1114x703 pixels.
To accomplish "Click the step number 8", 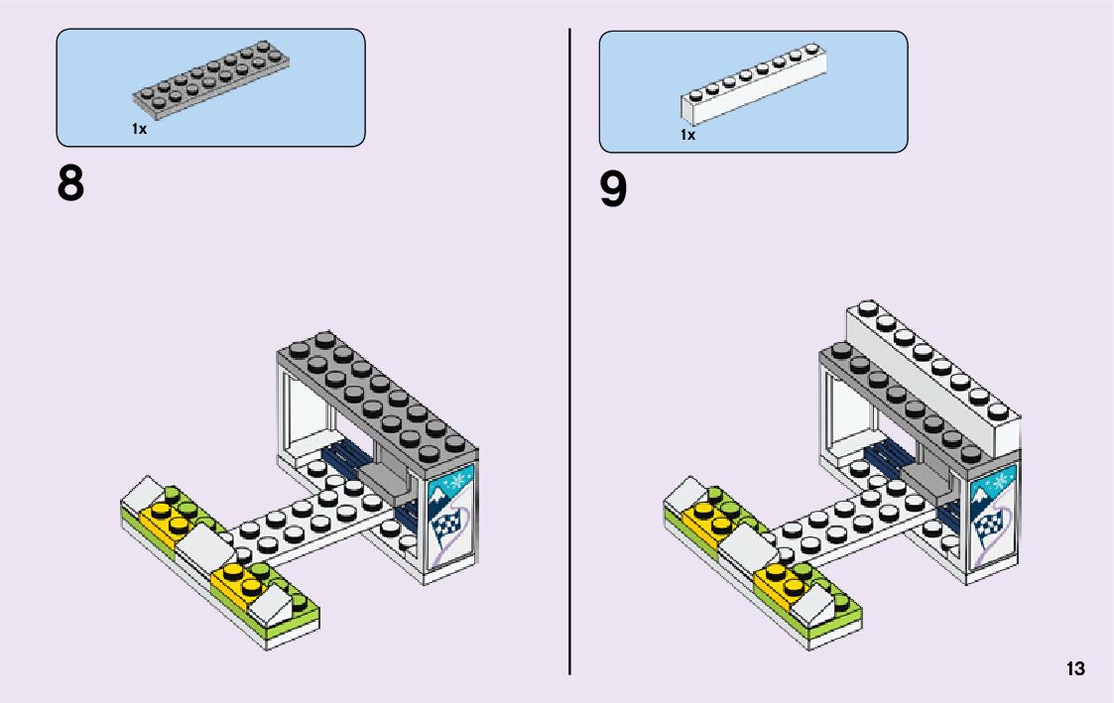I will tap(70, 184).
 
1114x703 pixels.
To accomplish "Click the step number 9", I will tap(613, 190).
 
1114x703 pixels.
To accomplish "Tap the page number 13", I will tap(1075, 669).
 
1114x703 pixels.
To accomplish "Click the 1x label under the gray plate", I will tap(139, 129).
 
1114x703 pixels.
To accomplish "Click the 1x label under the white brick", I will tap(687, 135).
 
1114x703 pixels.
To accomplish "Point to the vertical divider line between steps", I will tap(570, 347).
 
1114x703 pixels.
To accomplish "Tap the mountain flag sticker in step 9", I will tap(991, 517).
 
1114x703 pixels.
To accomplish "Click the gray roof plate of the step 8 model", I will tap(377, 397).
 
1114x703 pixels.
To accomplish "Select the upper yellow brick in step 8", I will tap(166, 518).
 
